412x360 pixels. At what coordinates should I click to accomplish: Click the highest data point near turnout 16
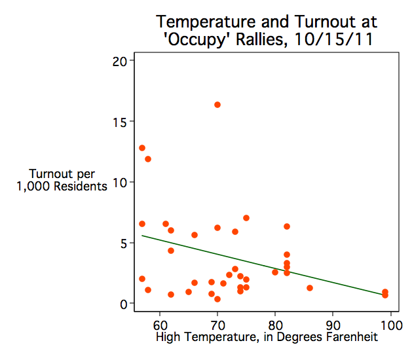click(217, 105)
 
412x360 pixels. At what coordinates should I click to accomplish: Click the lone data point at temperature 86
click(310, 288)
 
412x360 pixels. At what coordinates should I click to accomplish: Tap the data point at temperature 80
click(275, 272)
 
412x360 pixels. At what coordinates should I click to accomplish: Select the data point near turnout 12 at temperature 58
click(148, 159)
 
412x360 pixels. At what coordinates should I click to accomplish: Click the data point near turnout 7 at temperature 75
click(246, 218)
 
